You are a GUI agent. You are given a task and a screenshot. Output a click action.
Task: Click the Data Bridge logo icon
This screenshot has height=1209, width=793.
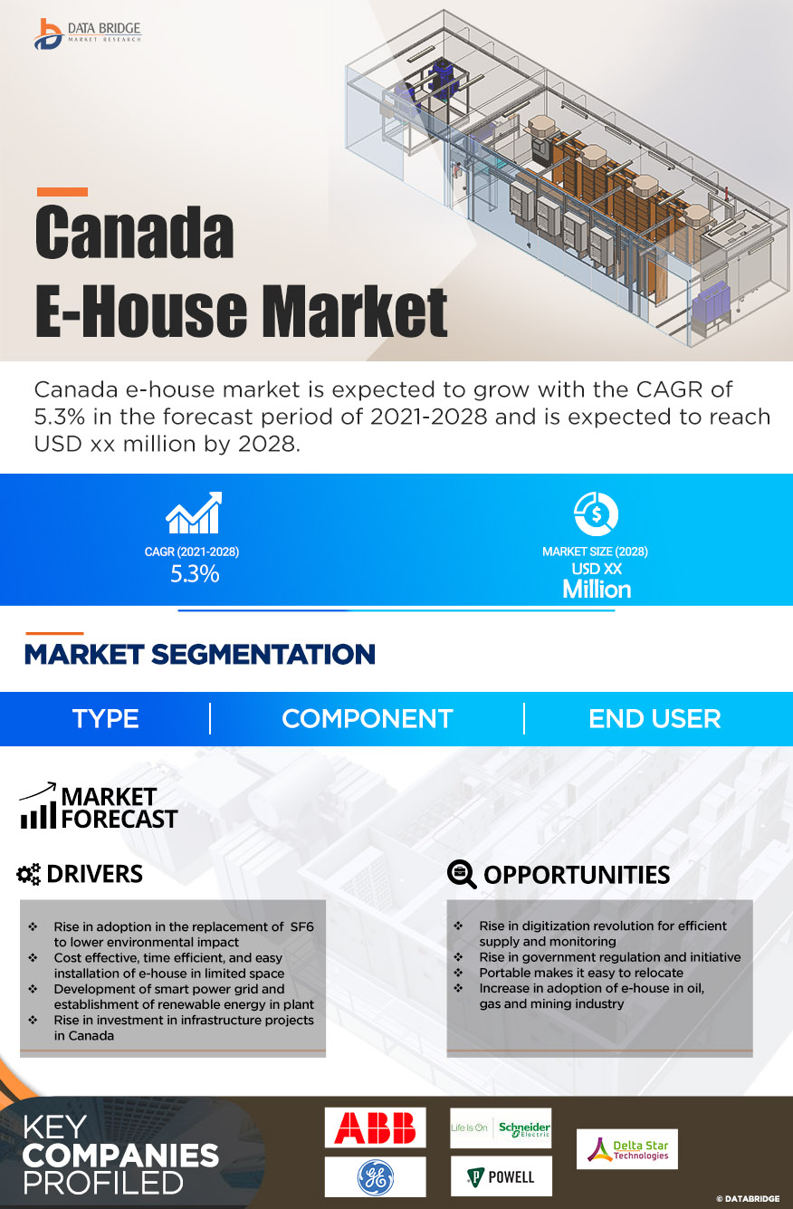[x=47, y=34]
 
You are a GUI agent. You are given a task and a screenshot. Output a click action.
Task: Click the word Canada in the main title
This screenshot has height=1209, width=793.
[x=134, y=233]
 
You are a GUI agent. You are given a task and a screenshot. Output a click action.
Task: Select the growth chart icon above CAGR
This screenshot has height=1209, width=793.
[x=193, y=513]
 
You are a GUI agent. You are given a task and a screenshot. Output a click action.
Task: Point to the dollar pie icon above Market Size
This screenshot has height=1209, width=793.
[x=596, y=513]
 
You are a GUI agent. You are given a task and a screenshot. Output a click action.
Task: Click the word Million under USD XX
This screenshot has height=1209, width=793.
[x=597, y=590]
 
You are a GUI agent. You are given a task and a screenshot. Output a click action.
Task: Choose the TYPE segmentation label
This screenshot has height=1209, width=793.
[x=106, y=719]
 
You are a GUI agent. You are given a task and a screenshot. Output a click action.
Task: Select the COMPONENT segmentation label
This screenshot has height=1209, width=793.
[x=367, y=719]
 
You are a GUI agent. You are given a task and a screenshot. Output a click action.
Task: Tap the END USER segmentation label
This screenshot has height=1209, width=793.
[x=654, y=719]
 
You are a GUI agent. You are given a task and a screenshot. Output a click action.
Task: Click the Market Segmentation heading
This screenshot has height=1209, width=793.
[x=199, y=654]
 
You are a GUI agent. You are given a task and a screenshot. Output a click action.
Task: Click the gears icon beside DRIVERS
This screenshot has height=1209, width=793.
[x=29, y=874]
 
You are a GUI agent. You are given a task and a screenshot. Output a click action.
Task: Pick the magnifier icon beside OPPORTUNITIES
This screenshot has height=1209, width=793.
[x=462, y=874]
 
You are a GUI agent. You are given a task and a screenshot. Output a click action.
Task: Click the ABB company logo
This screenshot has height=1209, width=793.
[x=375, y=1127]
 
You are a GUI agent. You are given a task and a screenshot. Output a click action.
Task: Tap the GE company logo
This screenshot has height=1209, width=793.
[x=375, y=1176]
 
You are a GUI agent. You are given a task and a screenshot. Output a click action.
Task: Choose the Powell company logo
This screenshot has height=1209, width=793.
[x=501, y=1176]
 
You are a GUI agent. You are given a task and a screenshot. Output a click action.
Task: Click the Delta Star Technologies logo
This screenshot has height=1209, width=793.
[x=626, y=1148]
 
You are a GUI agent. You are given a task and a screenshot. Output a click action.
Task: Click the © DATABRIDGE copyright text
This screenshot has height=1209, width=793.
[x=748, y=1198]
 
